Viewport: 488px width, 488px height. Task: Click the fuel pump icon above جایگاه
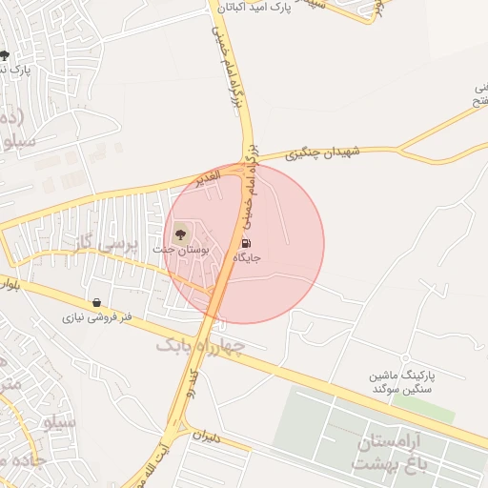248,242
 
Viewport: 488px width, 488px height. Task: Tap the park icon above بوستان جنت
181,232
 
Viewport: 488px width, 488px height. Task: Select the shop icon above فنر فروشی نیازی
96,303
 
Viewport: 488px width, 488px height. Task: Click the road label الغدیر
205,176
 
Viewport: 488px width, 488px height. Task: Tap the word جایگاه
245,257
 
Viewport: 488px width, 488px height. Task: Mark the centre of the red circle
244,244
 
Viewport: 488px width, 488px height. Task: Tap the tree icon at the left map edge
5,55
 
